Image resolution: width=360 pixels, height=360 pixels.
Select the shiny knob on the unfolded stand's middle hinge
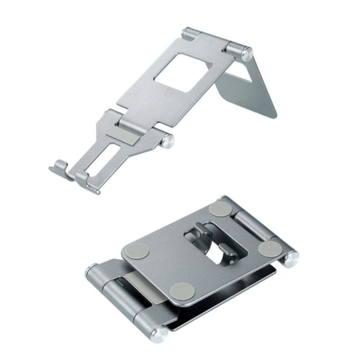click(166, 141)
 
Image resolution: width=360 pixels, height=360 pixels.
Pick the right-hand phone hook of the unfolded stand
click(83, 177)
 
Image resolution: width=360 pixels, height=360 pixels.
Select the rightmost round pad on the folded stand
click(269, 248)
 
